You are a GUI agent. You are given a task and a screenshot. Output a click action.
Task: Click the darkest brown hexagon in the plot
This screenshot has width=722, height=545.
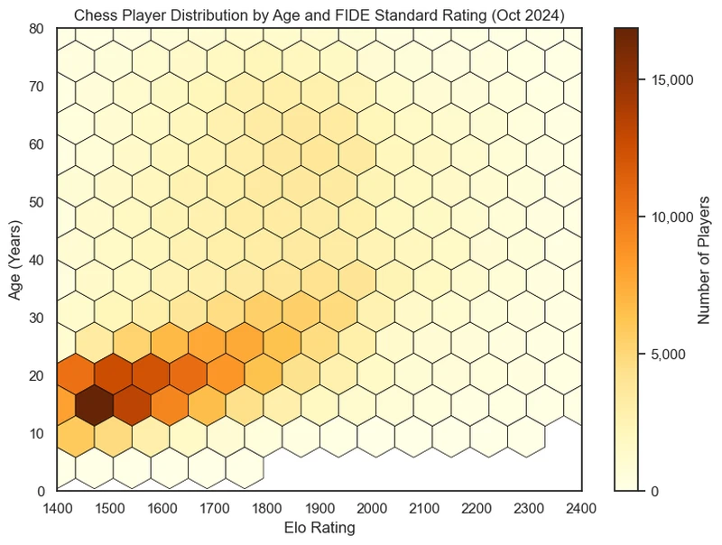coord(95,405)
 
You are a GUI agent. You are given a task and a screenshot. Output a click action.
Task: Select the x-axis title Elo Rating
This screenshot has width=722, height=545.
coord(319,527)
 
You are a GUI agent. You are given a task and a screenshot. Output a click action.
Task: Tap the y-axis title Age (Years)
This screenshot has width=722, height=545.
coord(16,260)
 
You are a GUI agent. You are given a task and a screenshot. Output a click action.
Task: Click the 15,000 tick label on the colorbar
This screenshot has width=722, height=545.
coord(672,80)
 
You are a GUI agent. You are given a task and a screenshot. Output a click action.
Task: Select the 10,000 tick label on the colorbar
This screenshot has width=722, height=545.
coord(672,217)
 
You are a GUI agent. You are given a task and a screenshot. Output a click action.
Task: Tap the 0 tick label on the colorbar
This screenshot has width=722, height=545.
coord(654,491)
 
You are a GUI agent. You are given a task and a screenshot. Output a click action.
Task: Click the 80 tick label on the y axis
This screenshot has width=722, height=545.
coord(37,29)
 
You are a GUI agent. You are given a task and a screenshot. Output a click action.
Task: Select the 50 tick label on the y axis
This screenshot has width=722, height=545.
coord(37,202)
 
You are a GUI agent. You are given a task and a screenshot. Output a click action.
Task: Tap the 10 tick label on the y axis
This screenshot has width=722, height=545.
coord(37,433)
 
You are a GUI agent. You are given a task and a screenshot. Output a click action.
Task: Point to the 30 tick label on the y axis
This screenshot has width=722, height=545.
coord(37,318)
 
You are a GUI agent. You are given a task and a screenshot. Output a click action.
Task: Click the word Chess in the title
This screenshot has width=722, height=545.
coord(93,14)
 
